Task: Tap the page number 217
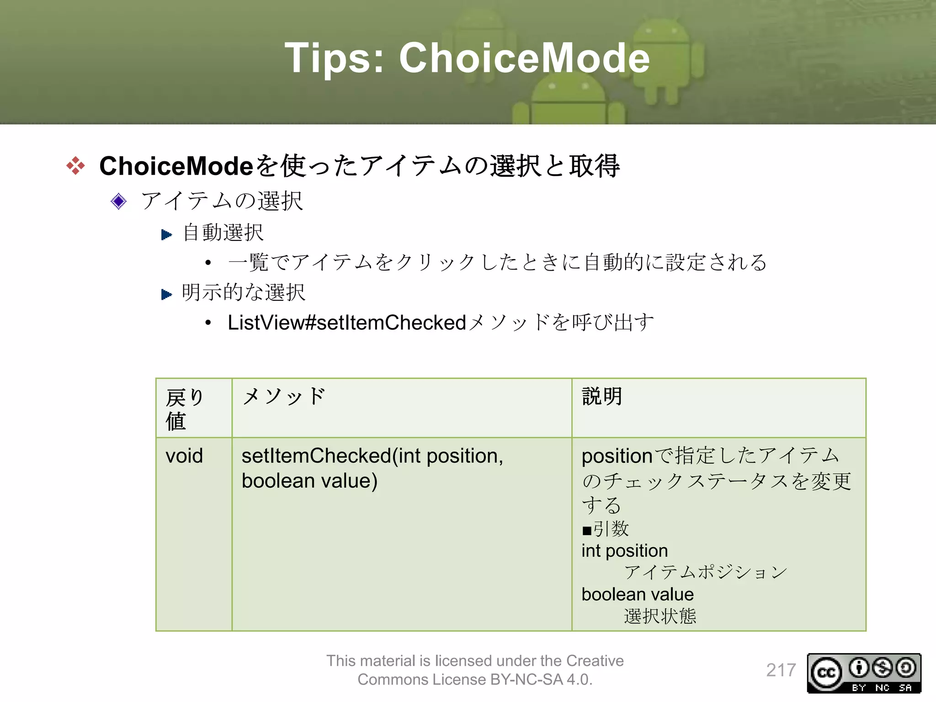[x=781, y=670]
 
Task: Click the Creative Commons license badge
[x=864, y=673]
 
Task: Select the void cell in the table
[x=184, y=456]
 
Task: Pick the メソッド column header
[x=284, y=397]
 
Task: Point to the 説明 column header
[x=602, y=397]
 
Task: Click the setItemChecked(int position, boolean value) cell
[x=372, y=468]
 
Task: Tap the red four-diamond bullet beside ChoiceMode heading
[x=75, y=165]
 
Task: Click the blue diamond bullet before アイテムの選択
[x=119, y=201]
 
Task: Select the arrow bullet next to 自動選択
[x=166, y=235]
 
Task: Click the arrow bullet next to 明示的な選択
[x=166, y=294]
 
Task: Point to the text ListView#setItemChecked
[x=346, y=323]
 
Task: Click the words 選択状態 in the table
[x=660, y=616]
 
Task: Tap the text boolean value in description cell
[x=638, y=594]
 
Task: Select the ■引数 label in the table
[x=606, y=529]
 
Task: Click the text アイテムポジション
[x=706, y=572]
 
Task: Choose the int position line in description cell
[x=625, y=551]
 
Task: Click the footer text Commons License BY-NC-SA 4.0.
[x=475, y=680]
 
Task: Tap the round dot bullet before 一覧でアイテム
[x=208, y=263]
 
